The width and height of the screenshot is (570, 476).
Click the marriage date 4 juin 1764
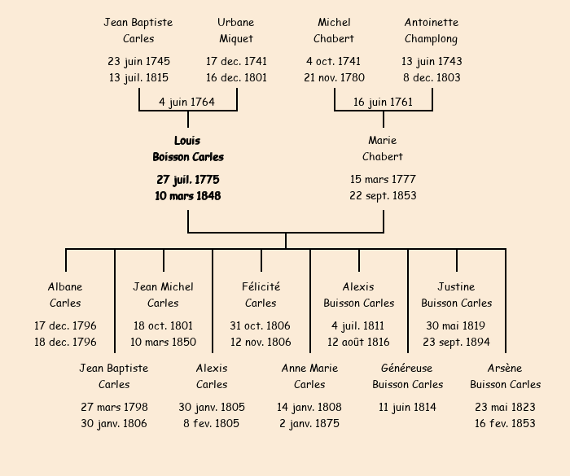(187, 102)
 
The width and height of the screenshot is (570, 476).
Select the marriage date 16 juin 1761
(383, 102)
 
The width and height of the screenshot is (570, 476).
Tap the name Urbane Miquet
(236, 31)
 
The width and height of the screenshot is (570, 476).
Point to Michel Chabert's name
(334, 31)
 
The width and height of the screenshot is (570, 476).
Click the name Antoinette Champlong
(432, 31)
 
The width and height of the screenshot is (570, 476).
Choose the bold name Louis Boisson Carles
(187, 149)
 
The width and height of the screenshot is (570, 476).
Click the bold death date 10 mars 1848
(187, 196)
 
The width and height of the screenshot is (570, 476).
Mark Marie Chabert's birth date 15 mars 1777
(383, 179)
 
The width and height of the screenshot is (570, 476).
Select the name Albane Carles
(65, 295)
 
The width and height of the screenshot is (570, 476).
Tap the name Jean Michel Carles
(163, 295)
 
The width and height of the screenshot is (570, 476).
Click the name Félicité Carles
(261, 295)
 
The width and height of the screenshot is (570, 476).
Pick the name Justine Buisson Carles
(456, 295)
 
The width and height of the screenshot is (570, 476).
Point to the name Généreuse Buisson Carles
(407, 376)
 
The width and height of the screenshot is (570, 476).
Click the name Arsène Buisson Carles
(505, 376)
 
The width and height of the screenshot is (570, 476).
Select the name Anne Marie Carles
(309, 376)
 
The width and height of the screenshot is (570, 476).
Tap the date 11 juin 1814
(407, 407)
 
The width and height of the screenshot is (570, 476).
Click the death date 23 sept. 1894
(456, 343)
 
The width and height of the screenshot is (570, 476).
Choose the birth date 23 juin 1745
(138, 61)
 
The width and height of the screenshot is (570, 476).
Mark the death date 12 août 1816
(358, 343)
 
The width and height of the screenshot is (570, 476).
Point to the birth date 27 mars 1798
(114, 407)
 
